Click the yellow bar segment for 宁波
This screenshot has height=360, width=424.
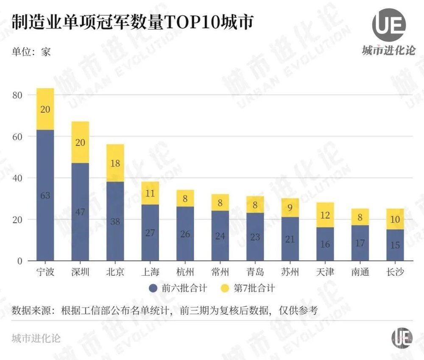(x=45, y=109)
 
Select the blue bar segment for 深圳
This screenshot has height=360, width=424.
(x=80, y=212)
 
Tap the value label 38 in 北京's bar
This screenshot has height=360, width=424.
(x=115, y=221)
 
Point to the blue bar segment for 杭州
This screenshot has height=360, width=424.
(x=185, y=233)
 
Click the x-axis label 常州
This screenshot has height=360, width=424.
(x=220, y=272)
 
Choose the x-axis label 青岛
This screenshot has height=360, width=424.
(x=255, y=272)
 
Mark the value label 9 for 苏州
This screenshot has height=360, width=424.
(x=290, y=208)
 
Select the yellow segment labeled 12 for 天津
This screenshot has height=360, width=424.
(x=325, y=215)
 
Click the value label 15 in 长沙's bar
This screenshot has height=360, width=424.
(x=395, y=245)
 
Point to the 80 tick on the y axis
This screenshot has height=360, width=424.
(x=17, y=95)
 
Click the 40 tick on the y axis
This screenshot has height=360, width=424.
(x=17, y=178)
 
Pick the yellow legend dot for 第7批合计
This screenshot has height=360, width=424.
(x=226, y=289)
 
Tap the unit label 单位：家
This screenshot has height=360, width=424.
(x=31, y=52)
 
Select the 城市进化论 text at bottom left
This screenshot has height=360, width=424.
(x=36, y=338)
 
